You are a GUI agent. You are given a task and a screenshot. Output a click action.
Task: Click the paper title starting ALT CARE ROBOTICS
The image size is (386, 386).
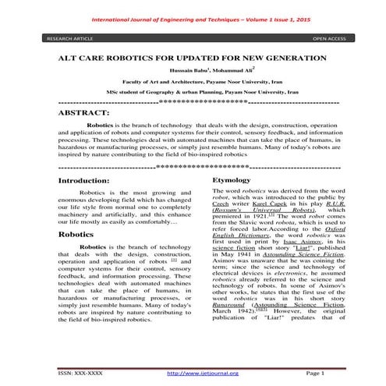click(193, 59)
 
